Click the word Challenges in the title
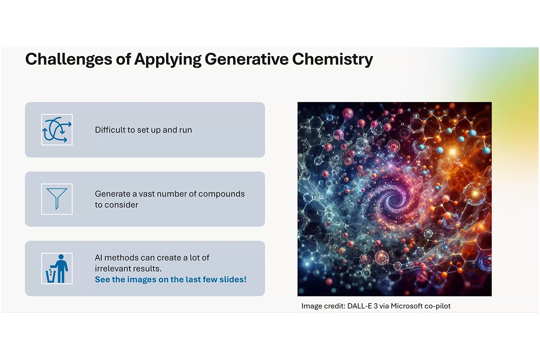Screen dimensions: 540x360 click(x=68, y=59)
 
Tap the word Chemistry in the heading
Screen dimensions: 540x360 click(x=333, y=59)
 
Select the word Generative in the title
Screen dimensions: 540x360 click(x=247, y=59)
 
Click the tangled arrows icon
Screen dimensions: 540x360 click(x=57, y=130)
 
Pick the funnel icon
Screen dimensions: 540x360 click(x=57, y=199)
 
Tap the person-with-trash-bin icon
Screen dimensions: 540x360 click(x=57, y=268)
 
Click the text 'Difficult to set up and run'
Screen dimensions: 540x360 click(x=144, y=130)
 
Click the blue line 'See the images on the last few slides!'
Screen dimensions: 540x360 click(x=171, y=279)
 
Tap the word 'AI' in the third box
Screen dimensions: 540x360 click(x=99, y=258)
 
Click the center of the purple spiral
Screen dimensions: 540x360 click(x=394, y=199)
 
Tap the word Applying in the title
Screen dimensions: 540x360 click(x=168, y=59)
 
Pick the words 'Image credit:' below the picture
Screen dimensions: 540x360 click(x=324, y=306)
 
